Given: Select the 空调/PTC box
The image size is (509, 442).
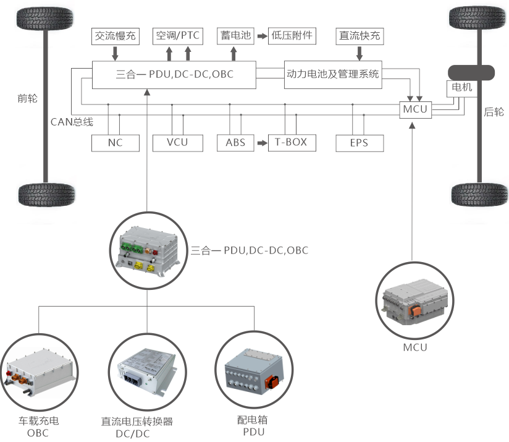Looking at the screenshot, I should coord(177,36).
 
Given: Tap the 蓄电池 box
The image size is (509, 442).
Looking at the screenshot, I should coord(236,36).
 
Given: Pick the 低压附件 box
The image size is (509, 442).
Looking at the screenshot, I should coord(292,36).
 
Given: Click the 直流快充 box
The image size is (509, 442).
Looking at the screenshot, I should coord(360,36).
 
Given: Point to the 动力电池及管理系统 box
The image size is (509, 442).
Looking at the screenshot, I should coord(333,74).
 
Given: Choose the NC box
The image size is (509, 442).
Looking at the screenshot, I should coord(115,143).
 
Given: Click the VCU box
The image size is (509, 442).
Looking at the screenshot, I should coord(177,143).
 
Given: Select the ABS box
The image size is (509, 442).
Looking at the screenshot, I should coord(235,143).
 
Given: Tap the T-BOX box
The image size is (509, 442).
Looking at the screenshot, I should coord(291,143).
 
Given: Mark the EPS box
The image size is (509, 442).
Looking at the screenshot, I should coord(359,143).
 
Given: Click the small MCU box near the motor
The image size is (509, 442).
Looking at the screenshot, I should coord(415,109).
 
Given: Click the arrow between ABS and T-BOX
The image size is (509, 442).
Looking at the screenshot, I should coord(261,143).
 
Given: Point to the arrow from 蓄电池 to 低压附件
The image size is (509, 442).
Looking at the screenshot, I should coord(261,36).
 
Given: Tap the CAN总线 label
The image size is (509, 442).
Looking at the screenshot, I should coord(71,121).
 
